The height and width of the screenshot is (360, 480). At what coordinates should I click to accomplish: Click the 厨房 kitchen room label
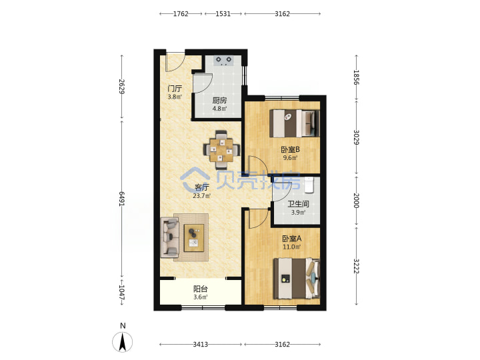point(219,101)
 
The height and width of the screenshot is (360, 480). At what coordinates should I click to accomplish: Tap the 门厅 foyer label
point(175,89)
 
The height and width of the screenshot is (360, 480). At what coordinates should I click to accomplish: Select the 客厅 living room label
point(202,187)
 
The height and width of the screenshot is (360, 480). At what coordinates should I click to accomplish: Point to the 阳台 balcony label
point(201,289)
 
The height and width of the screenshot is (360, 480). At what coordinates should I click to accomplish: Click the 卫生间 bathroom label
point(298,204)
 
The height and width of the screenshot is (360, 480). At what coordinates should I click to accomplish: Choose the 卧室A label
point(292,238)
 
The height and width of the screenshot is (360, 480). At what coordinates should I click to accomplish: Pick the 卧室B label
point(290,150)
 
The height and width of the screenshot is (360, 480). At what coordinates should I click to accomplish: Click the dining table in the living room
point(221,150)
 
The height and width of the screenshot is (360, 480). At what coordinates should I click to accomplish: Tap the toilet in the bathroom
point(309,185)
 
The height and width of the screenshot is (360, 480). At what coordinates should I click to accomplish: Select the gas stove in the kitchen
point(224,60)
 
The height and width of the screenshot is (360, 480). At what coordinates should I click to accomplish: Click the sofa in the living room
point(169,237)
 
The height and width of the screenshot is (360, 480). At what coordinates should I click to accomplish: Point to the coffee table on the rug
point(194,238)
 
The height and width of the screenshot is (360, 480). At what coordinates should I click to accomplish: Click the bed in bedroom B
point(295,123)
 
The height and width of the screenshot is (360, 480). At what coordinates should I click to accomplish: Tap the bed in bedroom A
point(297,278)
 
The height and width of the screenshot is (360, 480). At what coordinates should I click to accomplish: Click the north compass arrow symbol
point(123,342)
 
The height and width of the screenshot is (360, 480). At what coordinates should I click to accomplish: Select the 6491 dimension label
point(121,199)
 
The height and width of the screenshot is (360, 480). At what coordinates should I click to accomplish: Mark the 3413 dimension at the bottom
point(200,345)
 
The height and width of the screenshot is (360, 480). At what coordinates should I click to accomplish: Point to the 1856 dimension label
point(356,77)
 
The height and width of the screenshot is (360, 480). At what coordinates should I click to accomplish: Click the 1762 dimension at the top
point(181,14)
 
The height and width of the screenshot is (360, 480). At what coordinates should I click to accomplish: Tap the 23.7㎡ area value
point(202,196)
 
